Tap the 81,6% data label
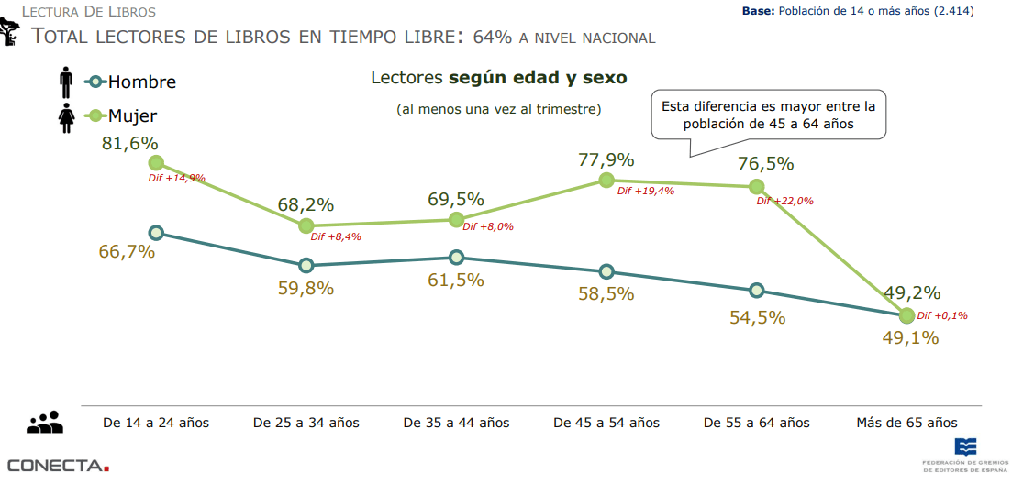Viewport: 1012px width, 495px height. click(x=131, y=143)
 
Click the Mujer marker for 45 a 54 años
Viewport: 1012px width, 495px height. click(x=606, y=181)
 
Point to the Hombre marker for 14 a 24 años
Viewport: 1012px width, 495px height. click(x=156, y=233)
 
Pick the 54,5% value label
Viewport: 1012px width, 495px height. click(x=757, y=317)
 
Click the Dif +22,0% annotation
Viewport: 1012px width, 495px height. click(x=784, y=201)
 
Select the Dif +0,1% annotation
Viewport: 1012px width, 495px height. click(x=942, y=315)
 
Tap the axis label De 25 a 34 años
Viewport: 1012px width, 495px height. click(x=306, y=423)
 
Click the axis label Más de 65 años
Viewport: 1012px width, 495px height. click(x=906, y=423)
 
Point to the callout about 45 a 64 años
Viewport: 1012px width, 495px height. click(x=768, y=115)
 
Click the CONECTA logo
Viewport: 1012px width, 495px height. click(x=58, y=466)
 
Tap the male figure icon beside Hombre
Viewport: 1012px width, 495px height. click(x=65, y=82)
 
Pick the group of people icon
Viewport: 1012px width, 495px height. click(x=45, y=423)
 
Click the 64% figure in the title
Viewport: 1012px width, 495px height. click(x=493, y=37)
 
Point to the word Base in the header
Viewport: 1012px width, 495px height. click(x=758, y=11)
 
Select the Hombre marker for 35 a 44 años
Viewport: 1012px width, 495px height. click(x=456, y=258)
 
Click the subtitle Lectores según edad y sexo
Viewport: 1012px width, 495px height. click(x=498, y=78)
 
